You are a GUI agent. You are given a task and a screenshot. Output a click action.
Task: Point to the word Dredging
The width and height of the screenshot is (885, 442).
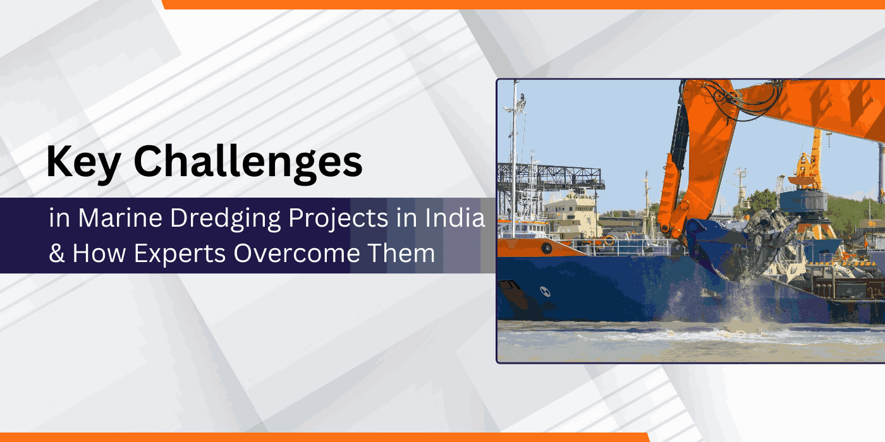226,218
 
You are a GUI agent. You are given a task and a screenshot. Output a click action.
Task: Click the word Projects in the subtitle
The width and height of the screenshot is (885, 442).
338,218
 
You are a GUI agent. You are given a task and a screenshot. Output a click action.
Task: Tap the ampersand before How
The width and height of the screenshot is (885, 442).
56,253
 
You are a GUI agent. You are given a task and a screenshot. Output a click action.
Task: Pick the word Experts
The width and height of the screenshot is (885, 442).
180,254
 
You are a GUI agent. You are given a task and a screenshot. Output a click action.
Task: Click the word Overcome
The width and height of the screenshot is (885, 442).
296,253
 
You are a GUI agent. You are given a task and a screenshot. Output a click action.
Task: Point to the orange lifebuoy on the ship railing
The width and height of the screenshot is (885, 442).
609,239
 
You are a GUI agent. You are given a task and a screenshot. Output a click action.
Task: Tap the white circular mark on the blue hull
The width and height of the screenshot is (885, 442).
545,292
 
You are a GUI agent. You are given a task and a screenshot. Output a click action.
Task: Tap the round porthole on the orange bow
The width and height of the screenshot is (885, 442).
546,248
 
